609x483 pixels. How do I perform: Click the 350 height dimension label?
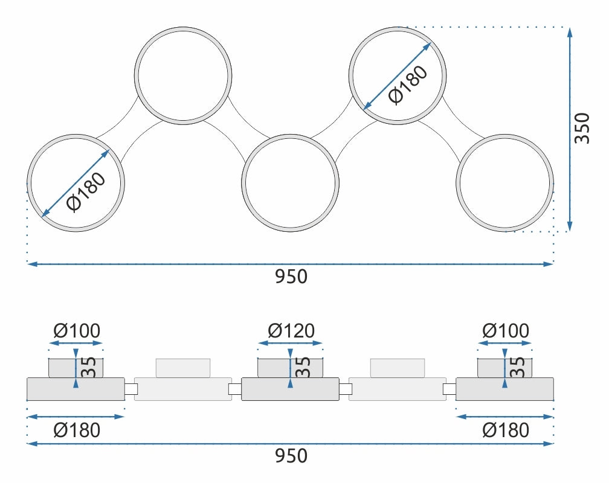pyautogui.click(x=582, y=128)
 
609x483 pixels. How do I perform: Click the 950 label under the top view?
pyautogui.click(x=291, y=277)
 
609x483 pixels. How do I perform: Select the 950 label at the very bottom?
pyautogui.click(x=291, y=456)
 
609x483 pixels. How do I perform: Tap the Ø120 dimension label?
pyautogui.click(x=291, y=331)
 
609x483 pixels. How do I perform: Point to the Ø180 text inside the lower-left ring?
pyautogui.click(x=86, y=193)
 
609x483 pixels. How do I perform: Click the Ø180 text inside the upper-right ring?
pyautogui.click(x=408, y=85)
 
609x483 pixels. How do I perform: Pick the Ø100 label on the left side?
pyautogui.click(x=77, y=331)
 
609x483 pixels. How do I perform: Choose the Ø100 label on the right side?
pyautogui.click(x=506, y=331)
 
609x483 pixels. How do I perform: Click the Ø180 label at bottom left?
pyautogui.click(x=77, y=430)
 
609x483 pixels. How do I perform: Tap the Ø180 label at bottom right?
pyautogui.click(x=506, y=430)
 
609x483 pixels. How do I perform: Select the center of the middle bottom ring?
pyautogui.click(x=290, y=183)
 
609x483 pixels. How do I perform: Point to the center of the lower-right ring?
pyautogui.click(x=505, y=183)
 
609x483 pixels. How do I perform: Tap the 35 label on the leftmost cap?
pyautogui.click(x=89, y=367)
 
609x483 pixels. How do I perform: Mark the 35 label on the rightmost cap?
pyautogui.click(x=518, y=367)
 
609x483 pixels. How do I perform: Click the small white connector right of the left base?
pyautogui.click(x=130, y=389)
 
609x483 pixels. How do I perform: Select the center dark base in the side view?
pyautogui.click(x=290, y=389)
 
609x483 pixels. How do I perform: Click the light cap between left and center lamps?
pyautogui.click(x=183, y=368)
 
